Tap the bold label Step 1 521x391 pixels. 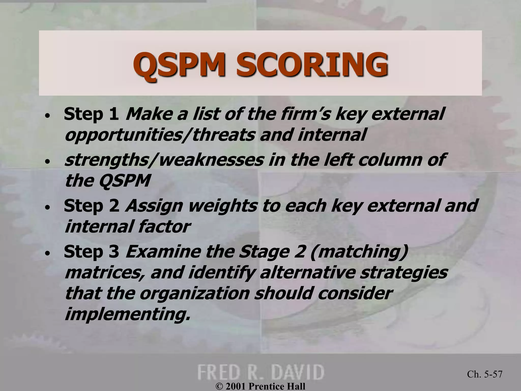(91, 114)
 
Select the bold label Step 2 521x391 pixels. (91, 206)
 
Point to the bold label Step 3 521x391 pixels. (91, 252)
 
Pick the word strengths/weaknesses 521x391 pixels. (164, 160)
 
